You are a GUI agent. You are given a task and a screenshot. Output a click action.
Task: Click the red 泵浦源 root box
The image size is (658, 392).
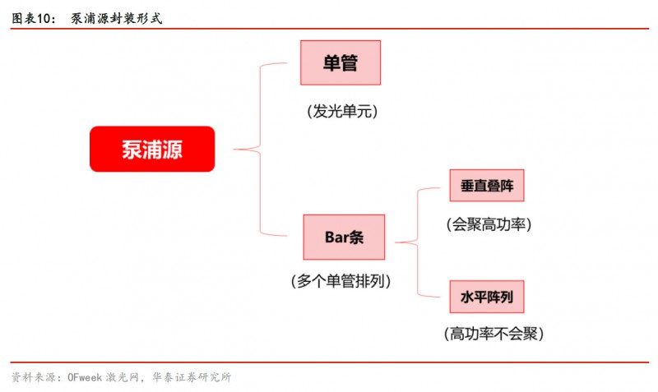click(x=152, y=149)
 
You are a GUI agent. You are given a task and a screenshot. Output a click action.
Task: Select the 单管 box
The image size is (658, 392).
click(x=341, y=62)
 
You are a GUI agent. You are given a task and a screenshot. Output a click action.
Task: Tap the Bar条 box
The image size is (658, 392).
click(x=343, y=238)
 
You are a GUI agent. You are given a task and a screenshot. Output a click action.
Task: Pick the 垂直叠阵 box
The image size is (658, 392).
click(x=487, y=185)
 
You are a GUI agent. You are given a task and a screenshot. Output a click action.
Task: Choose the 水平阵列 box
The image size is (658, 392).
click(x=487, y=297)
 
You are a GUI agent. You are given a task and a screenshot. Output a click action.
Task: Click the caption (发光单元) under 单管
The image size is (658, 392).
click(x=341, y=111)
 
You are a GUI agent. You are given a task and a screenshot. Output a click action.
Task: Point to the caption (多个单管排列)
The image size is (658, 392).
click(x=341, y=281)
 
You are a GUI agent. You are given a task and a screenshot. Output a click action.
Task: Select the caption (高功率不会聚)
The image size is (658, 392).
click(x=493, y=334)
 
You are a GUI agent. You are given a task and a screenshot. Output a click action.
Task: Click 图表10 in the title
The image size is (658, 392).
click(x=32, y=16)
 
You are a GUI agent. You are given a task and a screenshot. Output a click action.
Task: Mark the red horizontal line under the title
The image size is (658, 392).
click(x=329, y=29)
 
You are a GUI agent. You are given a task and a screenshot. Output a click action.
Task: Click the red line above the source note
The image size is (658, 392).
click(x=329, y=362)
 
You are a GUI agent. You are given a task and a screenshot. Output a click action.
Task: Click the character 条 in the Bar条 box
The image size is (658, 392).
click(x=355, y=238)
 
